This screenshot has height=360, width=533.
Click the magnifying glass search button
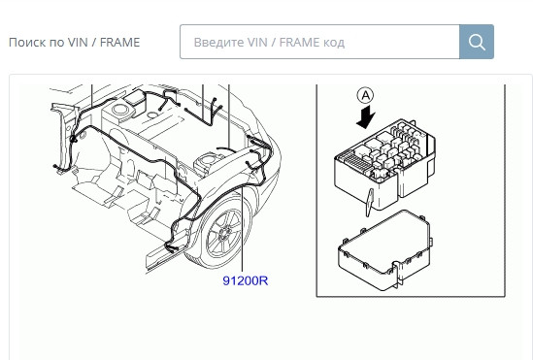pyautogui.click(x=477, y=42)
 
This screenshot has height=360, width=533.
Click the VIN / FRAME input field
pyautogui.click(x=319, y=42)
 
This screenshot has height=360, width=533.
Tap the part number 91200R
pyautogui.click(x=246, y=280)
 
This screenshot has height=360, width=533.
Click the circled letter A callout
pyautogui.click(x=365, y=95)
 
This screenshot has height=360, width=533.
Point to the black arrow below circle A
pyautogui.click(x=365, y=116)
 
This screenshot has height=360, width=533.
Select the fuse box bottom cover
pyautogui.click(x=384, y=250)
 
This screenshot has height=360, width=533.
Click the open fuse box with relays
pyautogui.click(x=385, y=163)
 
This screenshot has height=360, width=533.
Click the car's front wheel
pyautogui.click(x=221, y=232)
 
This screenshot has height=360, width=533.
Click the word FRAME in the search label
pyautogui.click(x=120, y=43)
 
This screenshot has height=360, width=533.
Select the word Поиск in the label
pyautogui.click(x=27, y=43)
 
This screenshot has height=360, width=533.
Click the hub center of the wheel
pyautogui.click(x=224, y=233)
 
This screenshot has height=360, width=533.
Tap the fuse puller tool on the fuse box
pyautogui.click(x=370, y=203)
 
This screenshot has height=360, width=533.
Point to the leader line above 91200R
pyautogui.click(x=242, y=230)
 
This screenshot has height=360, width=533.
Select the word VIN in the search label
pyautogui.click(x=78, y=43)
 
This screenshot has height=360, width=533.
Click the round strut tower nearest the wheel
pyautogui.click(x=208, y=159)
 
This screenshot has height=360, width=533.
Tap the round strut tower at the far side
pyautogui.click(x=118, y=110)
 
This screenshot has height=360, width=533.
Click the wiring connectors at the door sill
pyautogui.click(x=171, y=248)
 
